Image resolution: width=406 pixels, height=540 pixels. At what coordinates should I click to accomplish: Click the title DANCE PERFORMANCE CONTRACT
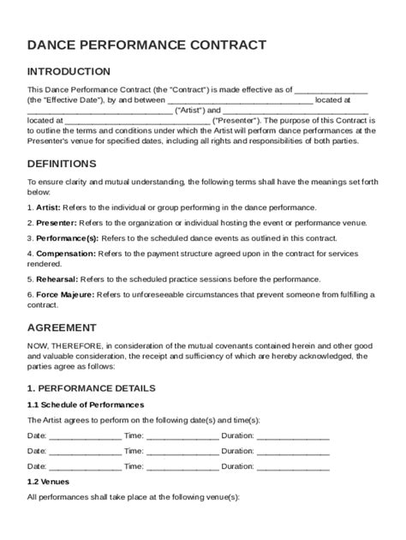[146, 45]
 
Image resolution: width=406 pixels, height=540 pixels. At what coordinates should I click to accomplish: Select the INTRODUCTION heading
[69, 72]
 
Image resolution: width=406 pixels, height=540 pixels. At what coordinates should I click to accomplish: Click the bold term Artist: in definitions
[47, 207]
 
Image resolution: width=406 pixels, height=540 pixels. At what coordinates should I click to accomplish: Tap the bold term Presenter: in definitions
[54, 223]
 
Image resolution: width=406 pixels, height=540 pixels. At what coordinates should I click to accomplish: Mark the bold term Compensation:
[66, 255]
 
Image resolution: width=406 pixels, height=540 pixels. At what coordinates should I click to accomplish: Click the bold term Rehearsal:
[57, 279]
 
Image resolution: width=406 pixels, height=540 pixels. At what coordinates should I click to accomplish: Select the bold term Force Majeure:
[66, 295]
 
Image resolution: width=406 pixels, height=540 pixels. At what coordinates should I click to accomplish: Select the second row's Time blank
[182, 453]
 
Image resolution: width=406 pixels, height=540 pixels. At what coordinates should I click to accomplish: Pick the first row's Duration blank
[293, 436]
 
